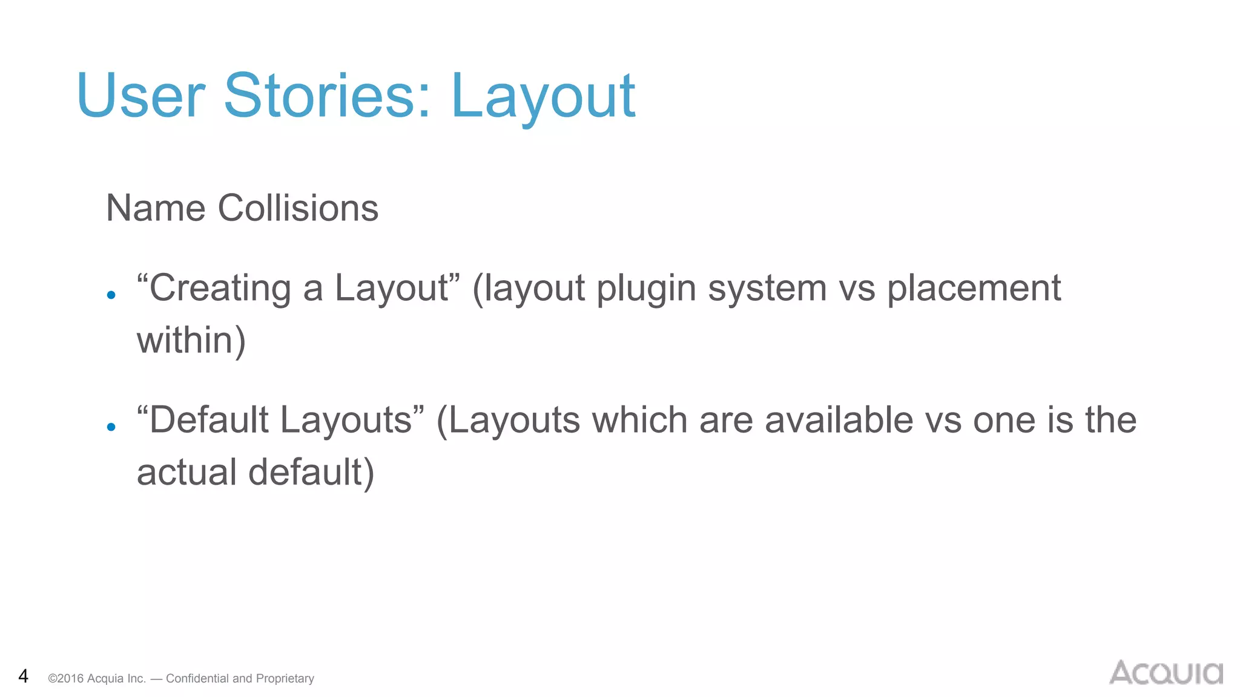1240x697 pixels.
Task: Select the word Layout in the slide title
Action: click(x=542, y=97)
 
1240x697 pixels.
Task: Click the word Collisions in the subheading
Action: click(x=298, y=208)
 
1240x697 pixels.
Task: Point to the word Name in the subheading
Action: click(x=156, y=208)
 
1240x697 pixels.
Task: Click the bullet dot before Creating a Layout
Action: click(x=111, y=295)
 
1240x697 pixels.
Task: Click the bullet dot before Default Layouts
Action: click(x=111, y=427)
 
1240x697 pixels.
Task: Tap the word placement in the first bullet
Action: click(x=974, y=289)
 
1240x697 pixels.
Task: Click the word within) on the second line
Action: click(x=191, y=340)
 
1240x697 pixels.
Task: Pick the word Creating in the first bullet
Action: click(x=220, y=288)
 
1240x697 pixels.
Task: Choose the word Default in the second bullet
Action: click(x=208, y=420)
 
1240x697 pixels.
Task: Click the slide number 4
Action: click(x=23, y=676)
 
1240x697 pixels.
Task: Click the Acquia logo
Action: click(x=1166, y=673)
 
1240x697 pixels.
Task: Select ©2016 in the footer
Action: click(x=65, y=679)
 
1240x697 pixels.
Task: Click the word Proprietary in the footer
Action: click(x=285, y=679)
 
